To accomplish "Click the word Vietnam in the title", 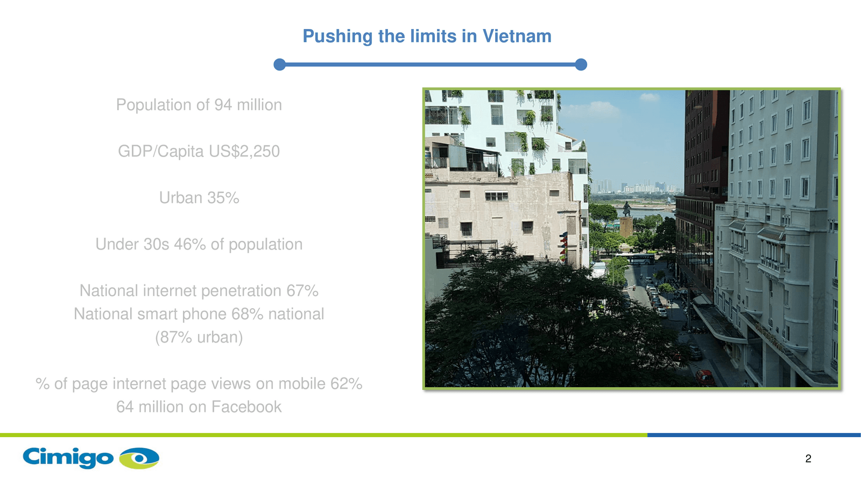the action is (x=517, y=36).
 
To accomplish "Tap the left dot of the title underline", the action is (x=279, y=65).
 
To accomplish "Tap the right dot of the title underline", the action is (x=581, y=65).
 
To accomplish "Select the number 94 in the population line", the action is (x=223, y=105).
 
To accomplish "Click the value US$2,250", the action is (x=244, y=151).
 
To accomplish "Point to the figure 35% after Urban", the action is (x=223, y=198).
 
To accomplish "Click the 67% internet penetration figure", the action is (x=302, y=291).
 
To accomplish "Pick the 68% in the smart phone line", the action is (x=247, y=314).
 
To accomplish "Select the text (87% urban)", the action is (x=199, y=337).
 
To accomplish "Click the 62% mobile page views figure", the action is (x=346, y=384).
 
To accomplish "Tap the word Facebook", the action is (x=246, y=407).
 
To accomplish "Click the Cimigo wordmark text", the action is (x=68, y=457).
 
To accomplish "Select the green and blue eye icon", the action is (x=139, y=458).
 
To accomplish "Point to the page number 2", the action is (x=808, y=459).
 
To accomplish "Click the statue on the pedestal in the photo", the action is (x=626, y=209).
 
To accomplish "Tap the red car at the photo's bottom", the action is (x=705, y=377).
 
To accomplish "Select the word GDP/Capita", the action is (x=161, y=151).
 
